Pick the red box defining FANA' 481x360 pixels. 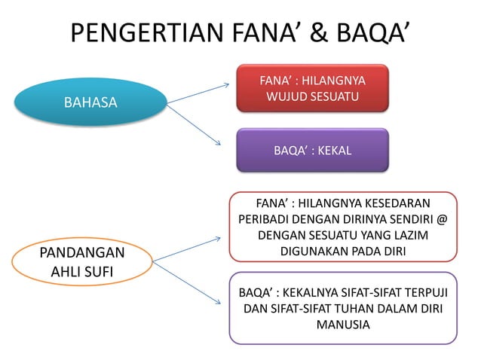tap(312, 88)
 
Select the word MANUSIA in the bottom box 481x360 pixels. tap(343, 325)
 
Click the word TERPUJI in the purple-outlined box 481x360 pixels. tap(421, 292)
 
